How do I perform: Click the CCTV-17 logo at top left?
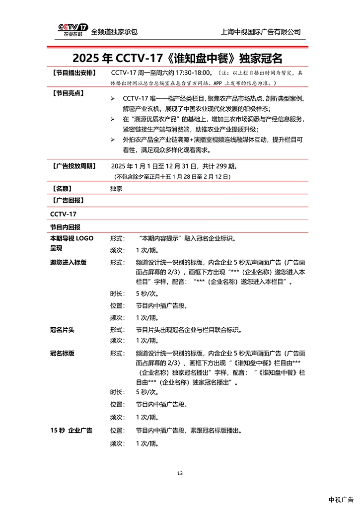[x=72, y=30]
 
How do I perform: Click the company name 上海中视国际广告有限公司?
[x=261, y=32]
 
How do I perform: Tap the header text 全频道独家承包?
[x=114, y=32]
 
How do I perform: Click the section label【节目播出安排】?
[x=73, y=73]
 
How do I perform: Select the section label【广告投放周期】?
[x=73, y=166]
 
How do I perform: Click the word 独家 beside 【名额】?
[x=116, y=189]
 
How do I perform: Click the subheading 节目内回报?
[x=65, y=226]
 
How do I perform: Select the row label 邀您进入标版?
[x=68, y=262]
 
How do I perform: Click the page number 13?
[x=180, y=473]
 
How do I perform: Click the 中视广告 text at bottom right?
[x=341, y=500]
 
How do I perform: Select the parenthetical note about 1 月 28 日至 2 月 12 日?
[x=172, y=177]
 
